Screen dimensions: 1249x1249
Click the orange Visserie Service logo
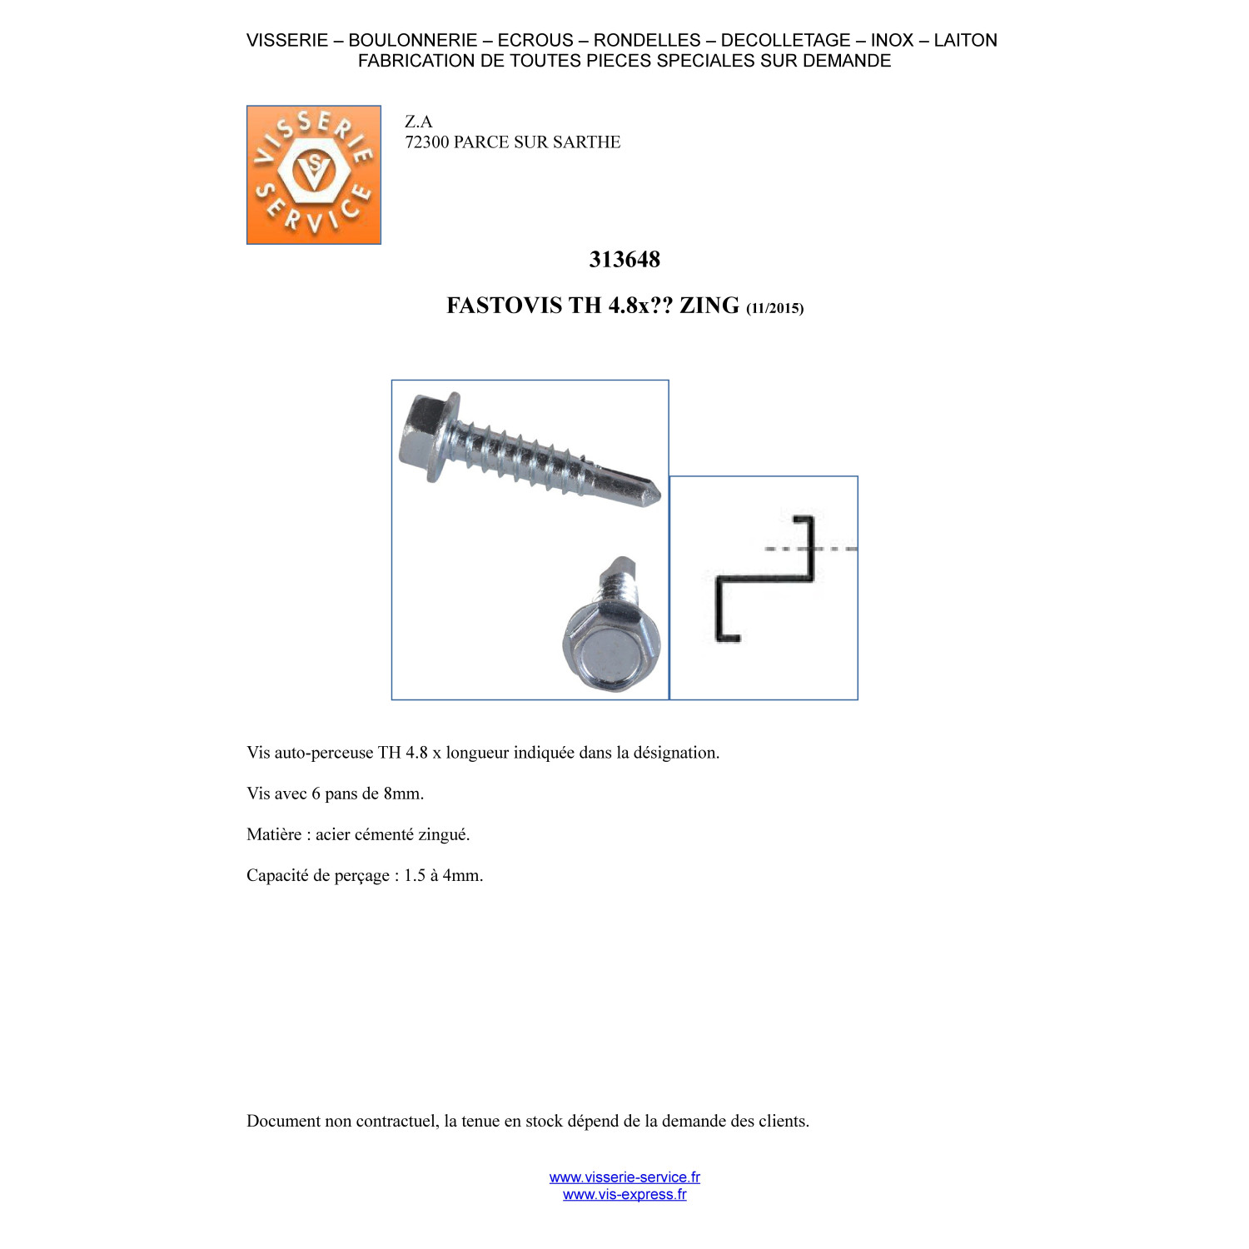point(314,175)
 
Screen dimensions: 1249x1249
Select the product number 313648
point(624,260)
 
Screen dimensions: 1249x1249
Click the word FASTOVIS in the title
point(505,306)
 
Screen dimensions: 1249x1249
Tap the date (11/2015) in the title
point(775,308)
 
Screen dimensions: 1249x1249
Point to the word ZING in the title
point(709,306)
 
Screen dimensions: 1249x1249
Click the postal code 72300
point(427,142)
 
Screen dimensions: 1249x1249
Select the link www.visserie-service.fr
point(624,1177)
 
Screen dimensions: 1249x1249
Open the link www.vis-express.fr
point(624,1195)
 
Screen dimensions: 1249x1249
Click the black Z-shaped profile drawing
point(763,579)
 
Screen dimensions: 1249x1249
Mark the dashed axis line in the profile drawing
point(811,549)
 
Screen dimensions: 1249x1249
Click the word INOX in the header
point(892,40)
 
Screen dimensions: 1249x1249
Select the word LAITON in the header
point(965,40)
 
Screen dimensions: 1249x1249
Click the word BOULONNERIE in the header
point(413,40)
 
